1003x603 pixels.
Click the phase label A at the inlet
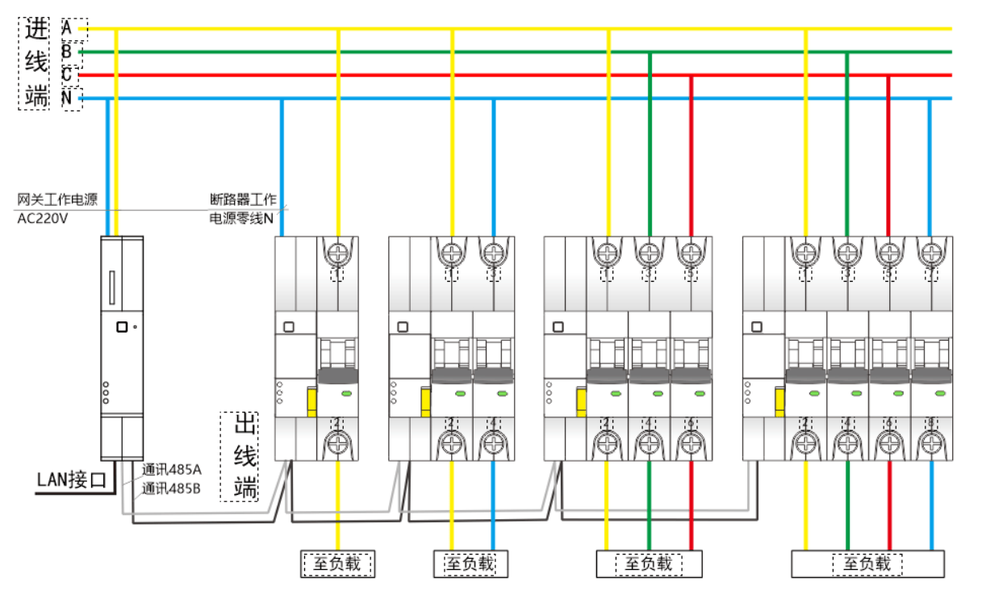pos(68,27)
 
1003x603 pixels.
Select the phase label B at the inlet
pos(68,51)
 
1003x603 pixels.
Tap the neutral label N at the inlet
pos(68,98)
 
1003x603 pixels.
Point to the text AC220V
pos(43,219)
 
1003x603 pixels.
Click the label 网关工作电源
pos(56,199)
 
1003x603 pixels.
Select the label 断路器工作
pos(243,199)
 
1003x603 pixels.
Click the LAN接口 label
pos(72,481)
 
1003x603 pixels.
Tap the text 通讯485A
pos(172,470)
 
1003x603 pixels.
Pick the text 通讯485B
pos(172,488)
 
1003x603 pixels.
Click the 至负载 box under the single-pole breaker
pos(338,563)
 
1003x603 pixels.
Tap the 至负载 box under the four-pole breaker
pos(867,563)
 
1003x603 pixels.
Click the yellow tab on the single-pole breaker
pos(311,401)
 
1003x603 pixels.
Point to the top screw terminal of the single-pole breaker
pos(337,253)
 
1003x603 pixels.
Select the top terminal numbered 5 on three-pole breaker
pos(691,253)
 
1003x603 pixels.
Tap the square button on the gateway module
pos(121,327)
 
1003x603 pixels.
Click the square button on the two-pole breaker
pos(402,327)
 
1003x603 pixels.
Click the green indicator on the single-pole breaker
pos(347,393)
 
